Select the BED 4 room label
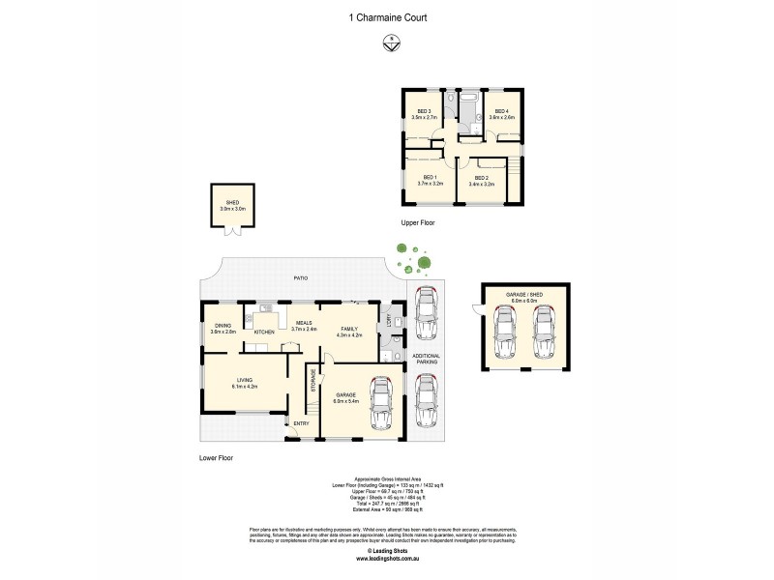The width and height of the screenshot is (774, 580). click(502, 111)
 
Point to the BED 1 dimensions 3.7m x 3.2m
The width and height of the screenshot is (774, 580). click(431, 183)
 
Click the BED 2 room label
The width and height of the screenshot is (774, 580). click(481, 176)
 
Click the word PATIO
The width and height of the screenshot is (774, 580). click(302, 278)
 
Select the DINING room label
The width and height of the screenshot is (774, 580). click(223, 326)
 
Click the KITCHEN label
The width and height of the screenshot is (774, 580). click(264, 333)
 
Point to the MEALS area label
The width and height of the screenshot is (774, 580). click(304, 324)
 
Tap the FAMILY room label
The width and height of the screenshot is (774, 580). click(350, 329)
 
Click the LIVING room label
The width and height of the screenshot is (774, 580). click(244, 381)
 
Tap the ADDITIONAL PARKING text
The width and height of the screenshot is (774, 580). click(426, 360)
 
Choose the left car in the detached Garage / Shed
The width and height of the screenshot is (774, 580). click(506, 333)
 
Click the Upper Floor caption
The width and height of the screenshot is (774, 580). click(419, 222)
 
